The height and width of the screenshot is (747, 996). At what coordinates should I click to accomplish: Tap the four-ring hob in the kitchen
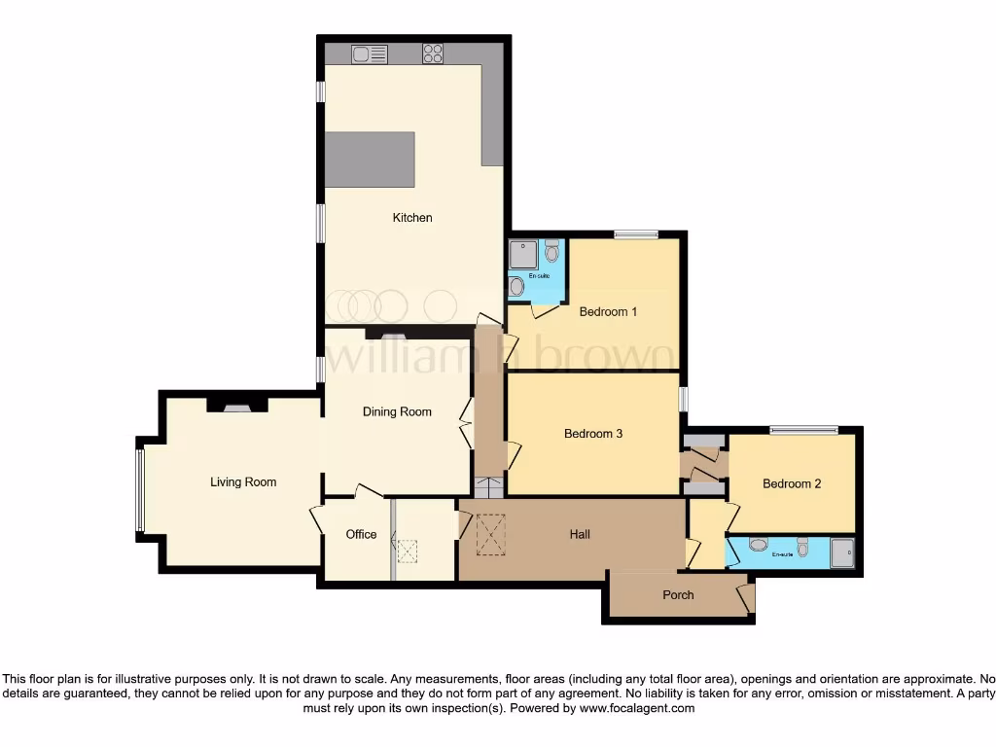point(433,54)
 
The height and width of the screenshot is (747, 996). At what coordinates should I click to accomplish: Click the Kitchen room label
point(412,218)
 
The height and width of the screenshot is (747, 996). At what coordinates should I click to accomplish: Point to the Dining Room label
point(397,411)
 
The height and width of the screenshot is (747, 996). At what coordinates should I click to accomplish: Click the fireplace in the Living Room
point(237,407)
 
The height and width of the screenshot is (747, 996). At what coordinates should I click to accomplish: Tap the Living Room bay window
point(140,491)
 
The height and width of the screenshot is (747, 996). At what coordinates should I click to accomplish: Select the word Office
point(361,534)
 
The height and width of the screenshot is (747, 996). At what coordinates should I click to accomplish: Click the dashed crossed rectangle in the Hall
point(492,535)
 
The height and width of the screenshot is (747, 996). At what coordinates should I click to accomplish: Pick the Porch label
point(678,594)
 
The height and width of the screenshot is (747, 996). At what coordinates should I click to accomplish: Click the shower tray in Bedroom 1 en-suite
point(523,254)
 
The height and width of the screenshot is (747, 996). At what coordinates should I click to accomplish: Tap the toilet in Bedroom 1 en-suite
point(552,252)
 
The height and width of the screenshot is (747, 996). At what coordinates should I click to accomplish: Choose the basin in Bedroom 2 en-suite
point(758,545)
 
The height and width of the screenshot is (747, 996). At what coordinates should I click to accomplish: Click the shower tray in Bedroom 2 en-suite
point(841,551)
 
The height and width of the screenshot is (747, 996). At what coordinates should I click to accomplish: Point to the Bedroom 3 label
point(593,434)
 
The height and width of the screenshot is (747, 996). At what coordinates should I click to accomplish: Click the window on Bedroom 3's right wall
point(683,399)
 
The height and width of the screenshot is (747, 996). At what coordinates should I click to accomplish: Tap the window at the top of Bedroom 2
point(803,429)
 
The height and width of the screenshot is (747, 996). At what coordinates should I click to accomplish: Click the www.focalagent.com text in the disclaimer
point(637,709)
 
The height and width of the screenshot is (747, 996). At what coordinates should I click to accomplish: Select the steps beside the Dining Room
point(489,487)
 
